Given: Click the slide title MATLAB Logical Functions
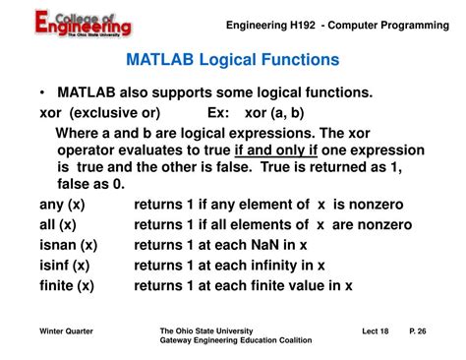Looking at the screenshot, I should click(x=232, y=60).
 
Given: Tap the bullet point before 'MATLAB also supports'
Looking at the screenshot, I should click(x=42, y=93).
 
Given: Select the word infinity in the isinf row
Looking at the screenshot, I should click(x=277, y=265).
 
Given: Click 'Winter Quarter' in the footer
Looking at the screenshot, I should click(x=67, y=330).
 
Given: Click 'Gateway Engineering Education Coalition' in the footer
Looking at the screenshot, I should click(x=235, y=340).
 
